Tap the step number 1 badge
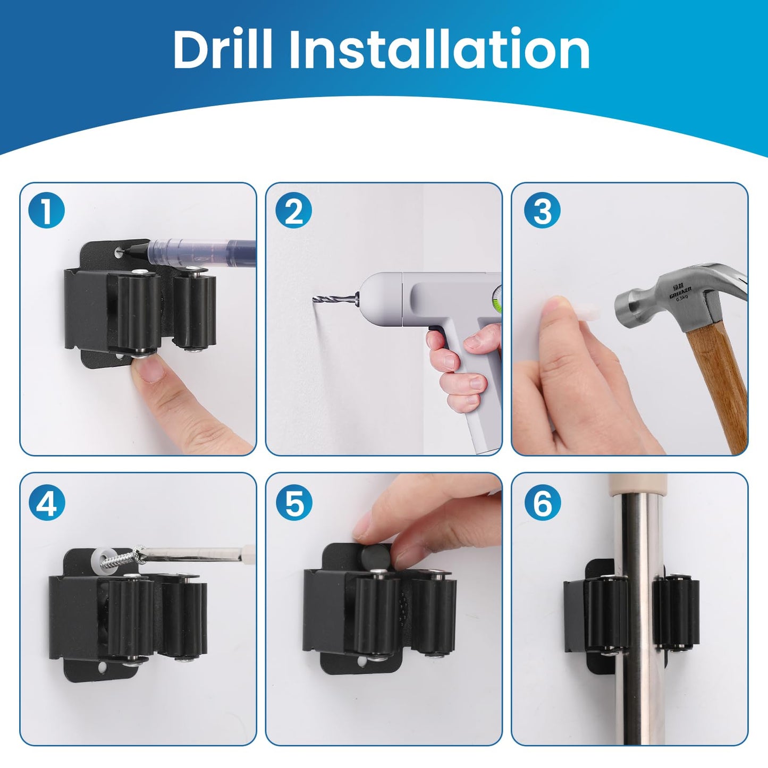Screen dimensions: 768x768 click(x=47, y=211)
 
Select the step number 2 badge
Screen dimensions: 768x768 click(x=293, y=211)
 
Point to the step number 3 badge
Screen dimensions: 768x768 click(x=542, y=211)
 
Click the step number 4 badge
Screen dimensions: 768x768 click(x=47, y=503)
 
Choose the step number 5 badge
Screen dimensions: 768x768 click(x=294, y=503)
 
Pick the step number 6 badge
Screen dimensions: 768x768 click(x=542, y=503)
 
